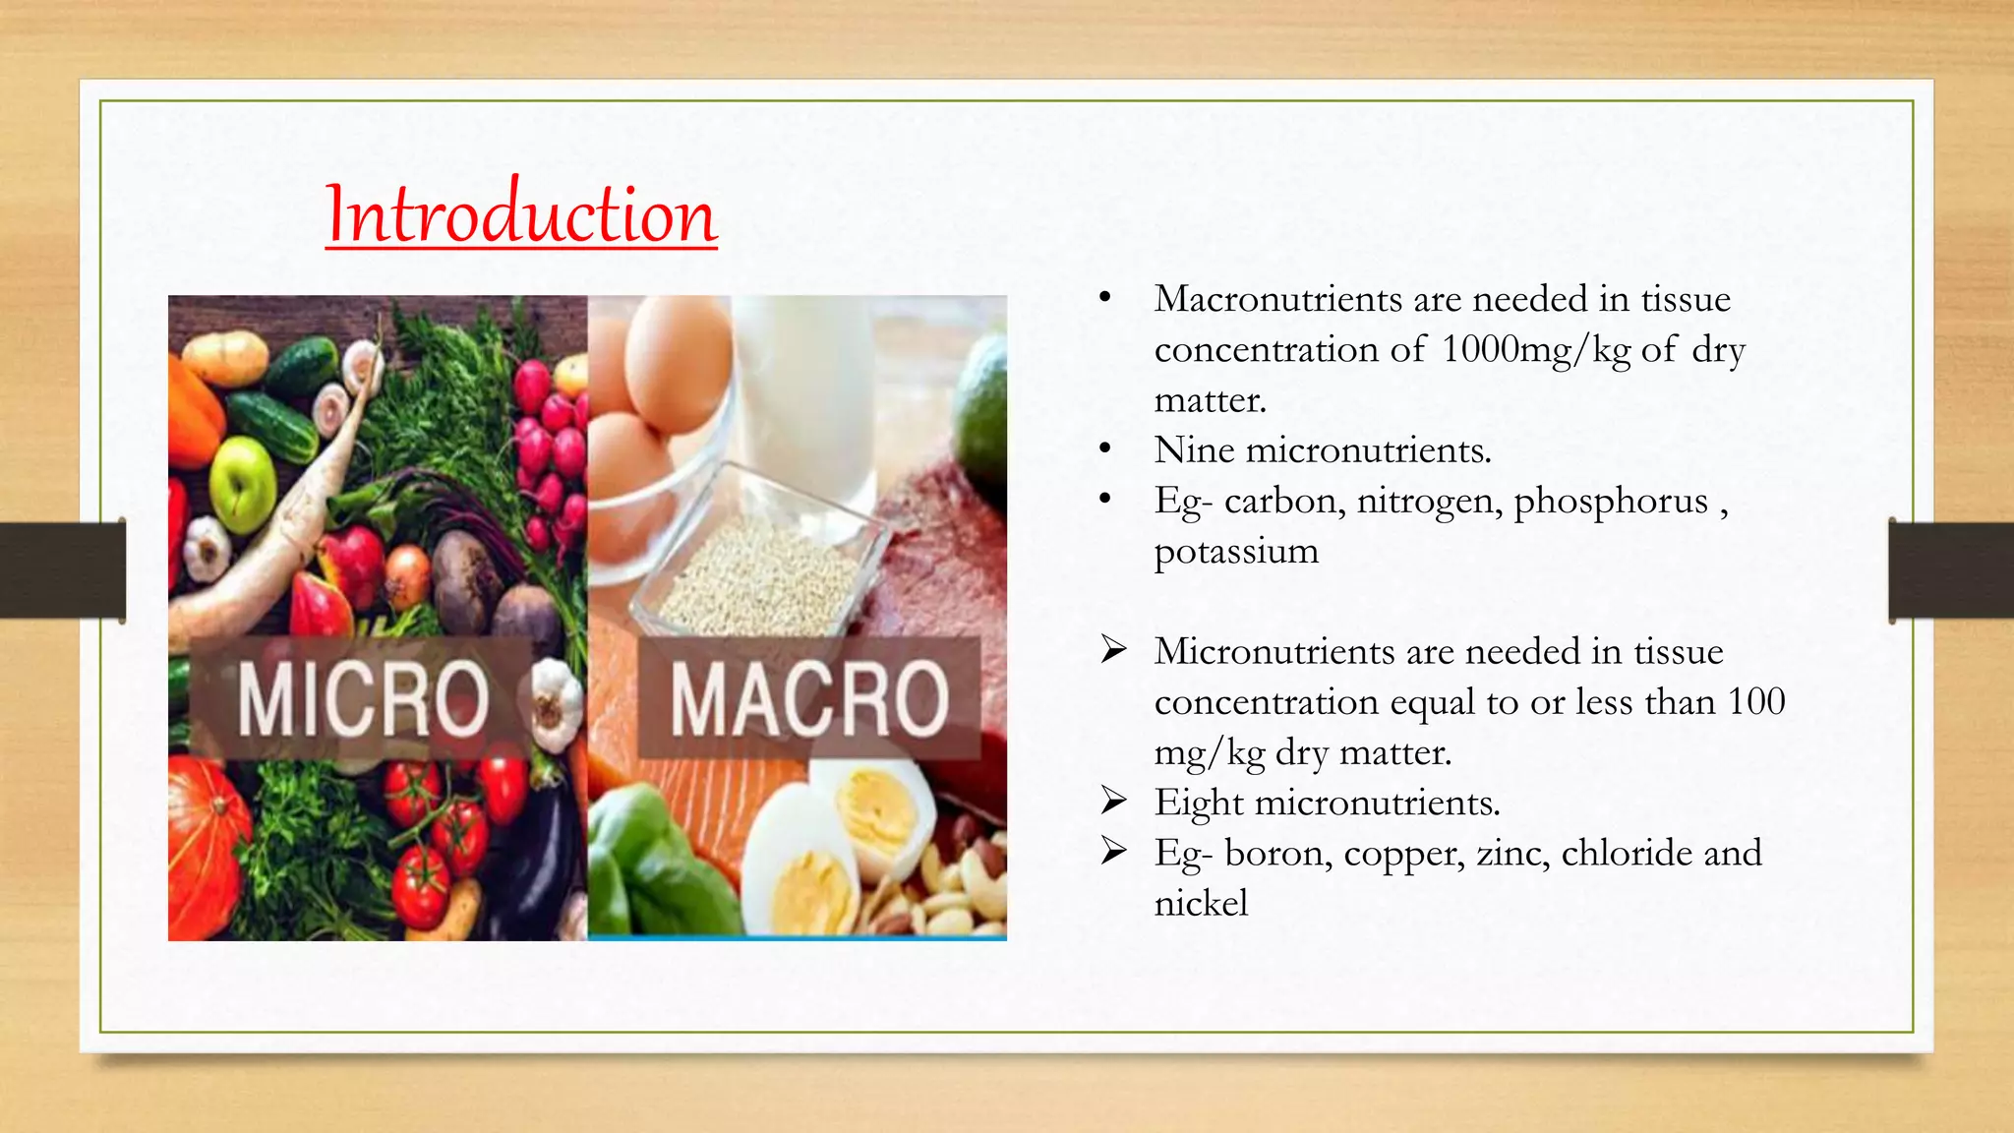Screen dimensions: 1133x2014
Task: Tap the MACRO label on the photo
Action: pyautogui.click(x=809, y=698)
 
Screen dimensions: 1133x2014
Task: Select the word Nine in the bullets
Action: pyautogui.click(x=1194, y=450)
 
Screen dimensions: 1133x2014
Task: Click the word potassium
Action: pyautogui.click(x=1236, y=552)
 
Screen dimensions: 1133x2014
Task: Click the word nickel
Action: pyautogui.click(x=1201, y=903)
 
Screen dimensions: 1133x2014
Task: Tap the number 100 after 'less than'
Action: pyautogui.click(x=1756, y=702)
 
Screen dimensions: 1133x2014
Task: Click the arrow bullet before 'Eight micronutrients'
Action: pyautogui.click(x=1113, y=801)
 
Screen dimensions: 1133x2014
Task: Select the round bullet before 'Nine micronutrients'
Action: pyautogui.click(x=1105, y=449)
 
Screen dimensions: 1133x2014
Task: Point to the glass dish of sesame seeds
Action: pyautogui.click(x=757, y=570)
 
